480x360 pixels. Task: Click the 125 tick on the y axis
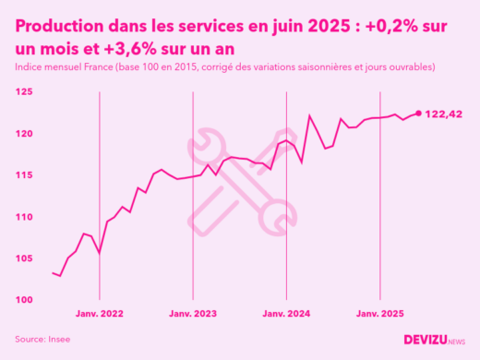click(24, 92)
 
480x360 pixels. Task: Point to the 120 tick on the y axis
click(24, 134)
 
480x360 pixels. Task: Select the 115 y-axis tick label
click(24, 175)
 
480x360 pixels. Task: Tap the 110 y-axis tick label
click(24, 217)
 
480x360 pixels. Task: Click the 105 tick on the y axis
click(24, 258)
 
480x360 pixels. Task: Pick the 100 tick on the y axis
click(24, 300)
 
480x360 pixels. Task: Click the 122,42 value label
click(443, 114)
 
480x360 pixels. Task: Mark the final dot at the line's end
click(419, 114)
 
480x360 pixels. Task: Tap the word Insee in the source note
click(58, 339)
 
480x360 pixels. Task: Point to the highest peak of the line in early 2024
click(309, 116)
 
